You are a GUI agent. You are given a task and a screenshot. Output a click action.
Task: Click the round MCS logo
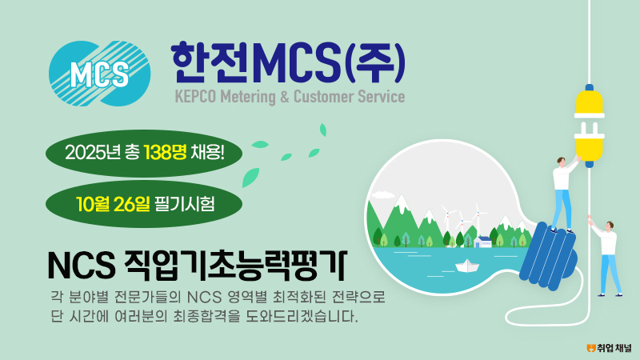pyautogui.click(x=99, y=74)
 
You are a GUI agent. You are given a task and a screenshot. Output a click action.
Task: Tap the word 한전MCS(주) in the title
pyautogui.click(x=288, y=62)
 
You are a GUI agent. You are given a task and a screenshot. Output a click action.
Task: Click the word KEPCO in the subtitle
pyautogui.click(x=195, y=97)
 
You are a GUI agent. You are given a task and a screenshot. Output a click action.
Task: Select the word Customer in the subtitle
pyautogui.click(x=324, y=97)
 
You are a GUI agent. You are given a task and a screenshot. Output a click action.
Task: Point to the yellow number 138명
pyautogui.click(x=165, y=153)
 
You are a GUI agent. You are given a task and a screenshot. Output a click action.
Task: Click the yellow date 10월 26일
pyautogui.click(x=113, y=204)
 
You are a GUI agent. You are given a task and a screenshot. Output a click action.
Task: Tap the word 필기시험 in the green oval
pyautogui.click(x=185, y=204)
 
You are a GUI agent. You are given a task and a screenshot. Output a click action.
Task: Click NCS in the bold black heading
pyautogui.click(x=82, y=266)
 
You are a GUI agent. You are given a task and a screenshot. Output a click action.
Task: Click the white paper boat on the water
pyautogui.click(x=467, y=266)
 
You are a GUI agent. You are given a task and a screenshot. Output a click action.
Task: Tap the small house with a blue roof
pyautogui.click(x=483, y=242)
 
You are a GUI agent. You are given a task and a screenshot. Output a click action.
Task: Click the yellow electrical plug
pyautogui.click(x=589, y=126)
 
